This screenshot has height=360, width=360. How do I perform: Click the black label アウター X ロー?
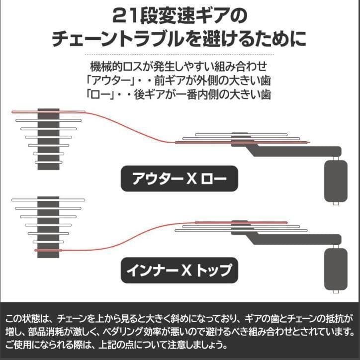pos(180,179)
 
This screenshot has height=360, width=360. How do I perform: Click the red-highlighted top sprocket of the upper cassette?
pos(48,111)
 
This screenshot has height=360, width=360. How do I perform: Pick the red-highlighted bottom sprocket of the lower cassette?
pos(49,250)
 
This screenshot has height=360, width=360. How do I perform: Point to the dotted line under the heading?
pos(180,54)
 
